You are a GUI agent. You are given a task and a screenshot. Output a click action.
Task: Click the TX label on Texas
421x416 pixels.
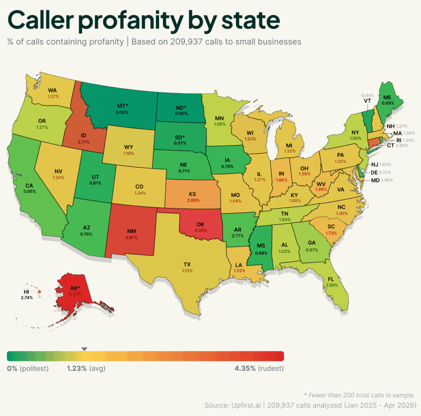tap(187, 265)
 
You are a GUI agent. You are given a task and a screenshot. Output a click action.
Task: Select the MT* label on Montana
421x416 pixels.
tap(123, 106)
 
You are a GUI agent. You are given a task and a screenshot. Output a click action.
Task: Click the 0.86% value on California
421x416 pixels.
tap(30, 191)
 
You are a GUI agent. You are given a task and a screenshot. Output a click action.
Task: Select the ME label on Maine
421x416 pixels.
tap(387, 97)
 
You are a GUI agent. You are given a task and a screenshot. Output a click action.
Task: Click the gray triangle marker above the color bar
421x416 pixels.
tap(84, 349)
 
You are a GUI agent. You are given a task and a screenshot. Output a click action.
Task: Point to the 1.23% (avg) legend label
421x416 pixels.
tap(86, 368)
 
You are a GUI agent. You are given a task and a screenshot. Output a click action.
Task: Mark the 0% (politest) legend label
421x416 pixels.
tap(28, 368)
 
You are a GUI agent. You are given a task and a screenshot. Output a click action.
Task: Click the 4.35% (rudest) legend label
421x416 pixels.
tap(259, 368)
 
